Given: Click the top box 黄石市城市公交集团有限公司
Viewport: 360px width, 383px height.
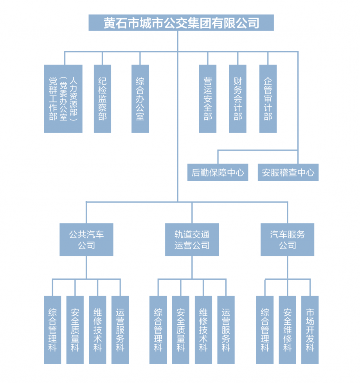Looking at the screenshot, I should (x=181, y=23).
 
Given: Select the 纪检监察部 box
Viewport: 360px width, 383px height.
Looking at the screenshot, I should (x=103, y=99).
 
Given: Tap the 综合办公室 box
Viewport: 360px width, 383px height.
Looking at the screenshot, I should (x=140, y=99).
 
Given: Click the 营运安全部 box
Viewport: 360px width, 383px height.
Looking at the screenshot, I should (x=208, y=99).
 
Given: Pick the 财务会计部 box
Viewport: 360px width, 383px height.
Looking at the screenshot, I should (x=238, y=99).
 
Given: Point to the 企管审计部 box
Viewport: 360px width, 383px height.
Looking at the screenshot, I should (x=268, y=99).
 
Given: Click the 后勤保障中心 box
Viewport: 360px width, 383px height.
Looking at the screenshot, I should (x=218, y=173).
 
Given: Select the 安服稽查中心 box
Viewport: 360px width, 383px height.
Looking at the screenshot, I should (x=288, y=173).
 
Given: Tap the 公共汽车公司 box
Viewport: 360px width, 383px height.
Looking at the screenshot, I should (x=86, y=240).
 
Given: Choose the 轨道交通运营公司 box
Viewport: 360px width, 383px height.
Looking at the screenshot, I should (x=192, y=240).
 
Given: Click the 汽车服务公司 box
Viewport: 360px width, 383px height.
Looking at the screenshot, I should (x=287, y=240).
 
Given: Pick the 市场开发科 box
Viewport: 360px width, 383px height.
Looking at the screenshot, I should (x=310, y=330).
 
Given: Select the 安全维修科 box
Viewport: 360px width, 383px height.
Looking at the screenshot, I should (x=287, y=330).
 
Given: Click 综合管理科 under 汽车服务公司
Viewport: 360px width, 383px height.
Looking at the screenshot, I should (x=265, y=330).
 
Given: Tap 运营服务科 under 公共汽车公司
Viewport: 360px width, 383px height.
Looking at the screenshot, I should (x=120, y=330).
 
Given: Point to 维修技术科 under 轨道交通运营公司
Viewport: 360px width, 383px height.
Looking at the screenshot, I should (x=203, y=330).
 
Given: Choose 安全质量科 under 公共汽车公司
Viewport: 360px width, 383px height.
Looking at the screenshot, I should (x=75, y=330).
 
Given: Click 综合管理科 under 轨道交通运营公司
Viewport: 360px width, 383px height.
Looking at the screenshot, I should (x=158, y=330).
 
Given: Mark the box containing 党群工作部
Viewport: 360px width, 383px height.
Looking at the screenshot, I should (x=63, y=99).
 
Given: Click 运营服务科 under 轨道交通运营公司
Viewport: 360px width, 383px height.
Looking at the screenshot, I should (x=226, y=330).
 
